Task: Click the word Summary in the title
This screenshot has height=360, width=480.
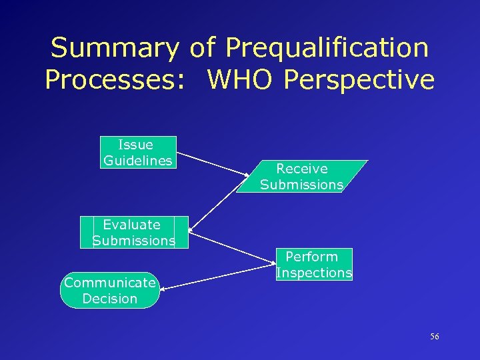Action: point(115,49)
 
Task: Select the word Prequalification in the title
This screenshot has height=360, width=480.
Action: point(327,49)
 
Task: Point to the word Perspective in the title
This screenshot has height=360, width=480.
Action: point(359,80)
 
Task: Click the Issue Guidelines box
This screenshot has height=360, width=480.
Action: point(138,153)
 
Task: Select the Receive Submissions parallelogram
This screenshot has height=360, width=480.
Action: point(302,177)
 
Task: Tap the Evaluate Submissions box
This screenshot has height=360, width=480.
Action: point(133,233)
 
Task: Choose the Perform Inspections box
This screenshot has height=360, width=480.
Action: point(314,265)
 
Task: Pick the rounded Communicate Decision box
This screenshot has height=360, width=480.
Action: point(110,291)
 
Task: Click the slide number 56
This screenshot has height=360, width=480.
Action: point(435,337)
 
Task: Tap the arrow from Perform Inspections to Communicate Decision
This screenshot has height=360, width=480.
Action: point(217,277)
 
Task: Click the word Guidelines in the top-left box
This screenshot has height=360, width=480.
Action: point(138,161)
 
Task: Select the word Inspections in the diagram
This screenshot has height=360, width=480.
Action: point(314,273)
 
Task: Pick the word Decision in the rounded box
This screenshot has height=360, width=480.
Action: point(110,299)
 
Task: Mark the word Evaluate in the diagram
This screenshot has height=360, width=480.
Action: point(131,225)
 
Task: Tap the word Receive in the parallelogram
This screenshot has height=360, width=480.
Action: point(302,169)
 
